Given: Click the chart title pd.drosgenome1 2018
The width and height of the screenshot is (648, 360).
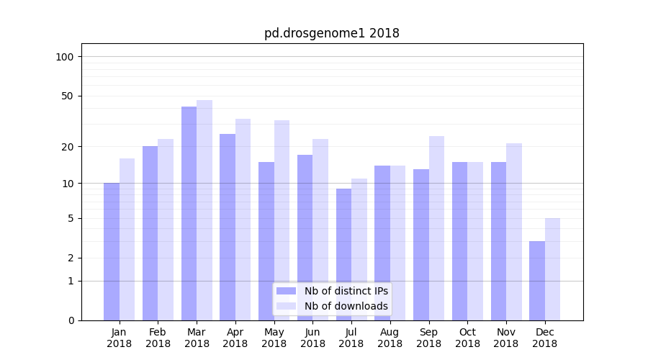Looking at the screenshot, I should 331,33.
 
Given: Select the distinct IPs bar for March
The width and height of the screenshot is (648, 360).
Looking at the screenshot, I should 189,213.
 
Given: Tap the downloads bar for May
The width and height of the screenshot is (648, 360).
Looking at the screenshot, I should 282,220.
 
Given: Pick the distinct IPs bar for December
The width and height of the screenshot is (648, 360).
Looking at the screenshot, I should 537,281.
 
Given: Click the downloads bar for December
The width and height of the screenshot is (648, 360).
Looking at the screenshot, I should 552,269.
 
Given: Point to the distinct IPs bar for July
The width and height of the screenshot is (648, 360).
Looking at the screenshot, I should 343,254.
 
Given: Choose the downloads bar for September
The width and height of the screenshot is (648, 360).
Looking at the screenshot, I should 436,228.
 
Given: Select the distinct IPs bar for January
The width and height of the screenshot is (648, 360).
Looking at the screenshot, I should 112,251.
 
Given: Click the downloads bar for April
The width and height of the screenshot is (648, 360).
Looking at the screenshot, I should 243,219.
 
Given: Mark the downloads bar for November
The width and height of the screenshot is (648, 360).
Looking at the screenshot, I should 514,231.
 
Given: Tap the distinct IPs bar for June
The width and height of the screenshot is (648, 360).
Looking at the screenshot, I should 305,237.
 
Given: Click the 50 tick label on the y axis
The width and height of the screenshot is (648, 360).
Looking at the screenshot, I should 68,96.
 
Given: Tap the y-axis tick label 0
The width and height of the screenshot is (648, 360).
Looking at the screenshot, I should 71,320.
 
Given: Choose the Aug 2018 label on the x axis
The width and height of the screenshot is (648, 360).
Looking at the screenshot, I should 390,338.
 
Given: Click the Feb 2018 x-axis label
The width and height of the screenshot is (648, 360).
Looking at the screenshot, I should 158,338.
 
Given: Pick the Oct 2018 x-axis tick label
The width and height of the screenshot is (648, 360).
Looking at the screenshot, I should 467,338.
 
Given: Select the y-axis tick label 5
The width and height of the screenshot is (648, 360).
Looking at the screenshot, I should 71,218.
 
